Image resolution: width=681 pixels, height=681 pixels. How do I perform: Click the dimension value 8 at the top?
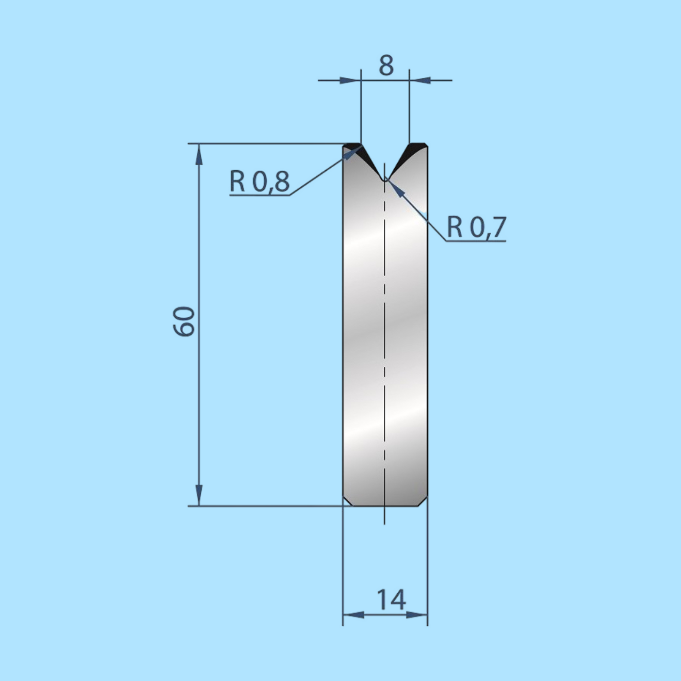pos(386,66)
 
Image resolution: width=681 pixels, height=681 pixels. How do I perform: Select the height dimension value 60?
pos(184,321)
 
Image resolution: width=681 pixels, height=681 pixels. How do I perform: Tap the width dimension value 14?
pos(391,599)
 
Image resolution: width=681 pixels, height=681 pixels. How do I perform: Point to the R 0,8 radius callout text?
pos(260,182)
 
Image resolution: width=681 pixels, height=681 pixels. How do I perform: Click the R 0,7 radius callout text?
pos(476,227)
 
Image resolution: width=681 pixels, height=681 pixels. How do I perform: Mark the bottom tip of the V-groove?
pos(385,179)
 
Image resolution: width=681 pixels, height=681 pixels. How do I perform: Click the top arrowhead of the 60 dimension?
pos(199,153)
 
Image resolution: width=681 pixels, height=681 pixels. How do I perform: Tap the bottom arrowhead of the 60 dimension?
pos(199,496)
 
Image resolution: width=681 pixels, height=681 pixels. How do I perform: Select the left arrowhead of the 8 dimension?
pos(351,80)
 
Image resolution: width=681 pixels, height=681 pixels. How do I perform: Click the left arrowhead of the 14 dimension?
pos(353,614)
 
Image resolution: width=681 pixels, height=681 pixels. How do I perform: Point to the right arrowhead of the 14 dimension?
pos(417,614)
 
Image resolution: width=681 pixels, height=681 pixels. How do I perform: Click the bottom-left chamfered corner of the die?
pos(348,501)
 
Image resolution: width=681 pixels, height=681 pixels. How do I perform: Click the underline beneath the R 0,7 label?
pos(476,241)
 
